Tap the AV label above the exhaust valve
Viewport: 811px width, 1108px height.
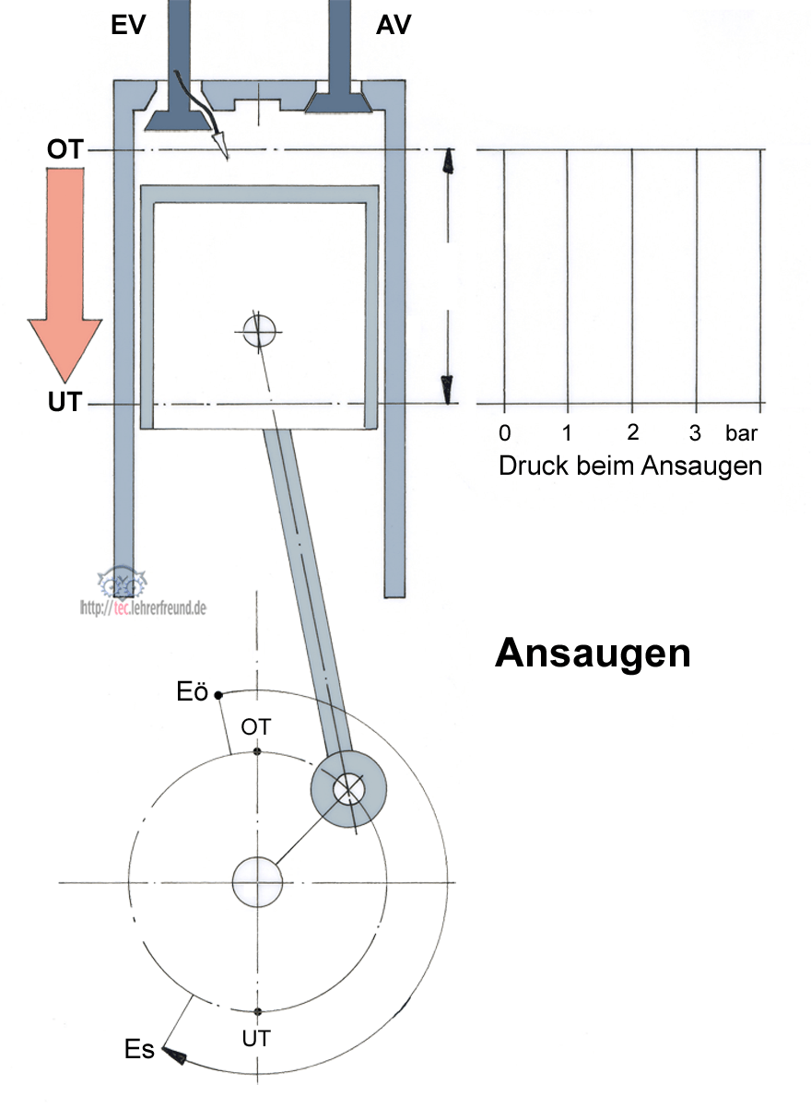394,25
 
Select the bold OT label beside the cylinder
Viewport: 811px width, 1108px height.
65,149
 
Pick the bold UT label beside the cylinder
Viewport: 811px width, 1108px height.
65,404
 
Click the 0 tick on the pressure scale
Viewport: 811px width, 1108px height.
504,433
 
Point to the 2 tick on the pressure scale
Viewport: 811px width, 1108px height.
632,433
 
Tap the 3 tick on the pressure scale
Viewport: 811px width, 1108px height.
696,433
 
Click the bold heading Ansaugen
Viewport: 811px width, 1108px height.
593,654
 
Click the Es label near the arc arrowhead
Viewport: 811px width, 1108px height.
139,1050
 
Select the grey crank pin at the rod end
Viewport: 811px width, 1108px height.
348,787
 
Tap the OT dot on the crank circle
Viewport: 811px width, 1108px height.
258,752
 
